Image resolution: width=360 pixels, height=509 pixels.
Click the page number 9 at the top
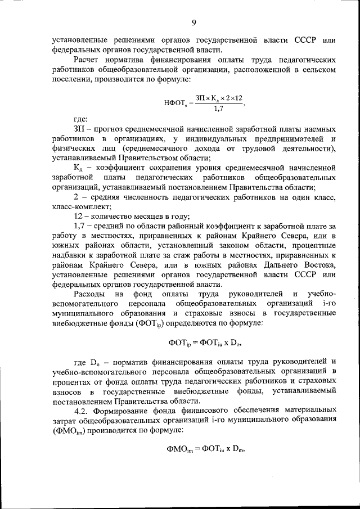pos(193,22)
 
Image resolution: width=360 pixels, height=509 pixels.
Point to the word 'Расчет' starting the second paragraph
pos(87,59)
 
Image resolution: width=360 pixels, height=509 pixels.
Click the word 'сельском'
pos(319,69)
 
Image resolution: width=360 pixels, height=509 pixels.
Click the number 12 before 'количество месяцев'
pos(79,217)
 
